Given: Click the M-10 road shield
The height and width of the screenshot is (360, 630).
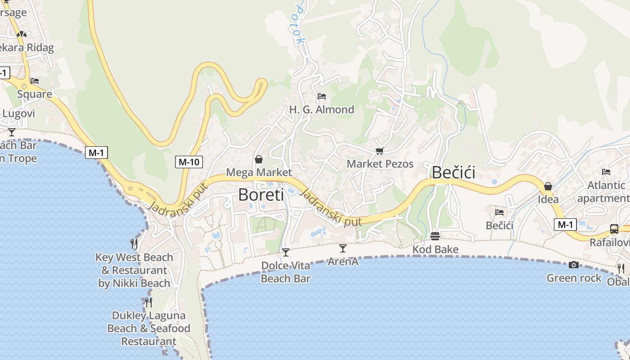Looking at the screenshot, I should [x=189, y=162].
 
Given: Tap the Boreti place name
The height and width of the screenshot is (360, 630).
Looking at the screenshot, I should [x=261, y=195].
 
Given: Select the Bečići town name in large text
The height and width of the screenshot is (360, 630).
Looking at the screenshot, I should [x=453, y=173].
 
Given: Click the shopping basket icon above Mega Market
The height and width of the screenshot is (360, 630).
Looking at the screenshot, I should [x=259, y=159].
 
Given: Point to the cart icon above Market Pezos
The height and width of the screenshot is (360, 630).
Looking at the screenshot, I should [x=379, y=151].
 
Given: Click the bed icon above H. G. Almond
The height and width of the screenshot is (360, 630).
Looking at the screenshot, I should [x=321, y=96].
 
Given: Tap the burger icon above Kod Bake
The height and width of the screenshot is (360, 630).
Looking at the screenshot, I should [x=435, y=236].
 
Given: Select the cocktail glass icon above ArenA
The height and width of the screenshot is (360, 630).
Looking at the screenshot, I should [x=343, y=248].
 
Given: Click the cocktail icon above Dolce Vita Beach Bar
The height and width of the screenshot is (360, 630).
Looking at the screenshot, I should [x=285, y=252].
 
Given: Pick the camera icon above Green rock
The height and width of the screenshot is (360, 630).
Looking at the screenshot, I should [x=573, y=265].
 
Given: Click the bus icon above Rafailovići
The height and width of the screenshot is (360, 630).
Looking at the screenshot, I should [x=614, y=229].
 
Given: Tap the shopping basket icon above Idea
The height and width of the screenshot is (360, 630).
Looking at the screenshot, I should [x=548, y=186].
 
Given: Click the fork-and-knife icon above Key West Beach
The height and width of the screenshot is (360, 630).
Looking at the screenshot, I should [x=134, y=244].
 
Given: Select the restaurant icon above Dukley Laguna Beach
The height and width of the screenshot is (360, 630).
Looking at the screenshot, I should [x=148, y=302].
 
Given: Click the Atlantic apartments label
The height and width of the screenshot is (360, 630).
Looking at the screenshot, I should [x=605, y=192].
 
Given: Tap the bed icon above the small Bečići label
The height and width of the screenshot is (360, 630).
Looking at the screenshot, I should [x=499, y=212].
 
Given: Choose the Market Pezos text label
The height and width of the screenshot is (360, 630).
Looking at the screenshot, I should [x=380, y=164].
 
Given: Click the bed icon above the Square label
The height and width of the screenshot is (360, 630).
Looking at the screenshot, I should [x=35, y=81].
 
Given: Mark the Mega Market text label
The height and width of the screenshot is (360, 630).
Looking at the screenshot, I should [x=259, y=172].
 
